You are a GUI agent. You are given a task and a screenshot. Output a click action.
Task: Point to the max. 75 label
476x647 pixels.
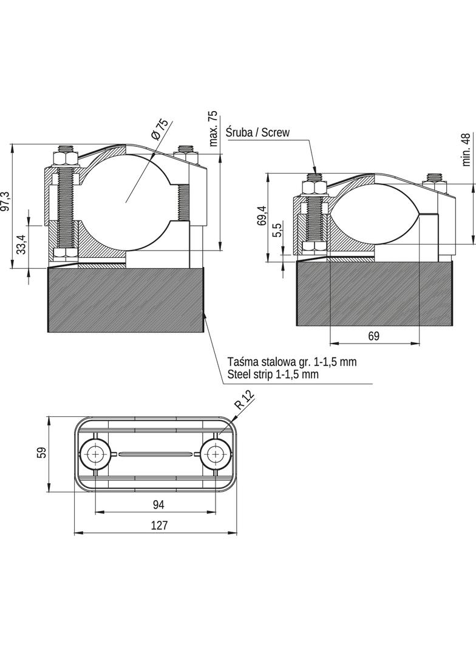pos(213,129)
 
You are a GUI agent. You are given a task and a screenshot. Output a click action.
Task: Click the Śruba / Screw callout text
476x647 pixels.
pos(257,132)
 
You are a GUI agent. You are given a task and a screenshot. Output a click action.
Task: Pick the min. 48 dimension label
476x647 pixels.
pos(466,149)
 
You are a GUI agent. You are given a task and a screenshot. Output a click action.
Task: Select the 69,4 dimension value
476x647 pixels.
pos(261,216)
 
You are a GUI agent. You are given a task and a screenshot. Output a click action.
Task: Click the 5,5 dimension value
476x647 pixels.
pos(277,229)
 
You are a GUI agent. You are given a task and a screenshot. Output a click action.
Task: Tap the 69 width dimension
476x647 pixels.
pos(373,336)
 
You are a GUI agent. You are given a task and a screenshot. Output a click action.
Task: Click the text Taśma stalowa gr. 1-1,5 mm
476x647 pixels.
pos(292,362)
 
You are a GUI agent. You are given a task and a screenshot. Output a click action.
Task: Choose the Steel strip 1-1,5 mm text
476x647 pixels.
pos(273,374)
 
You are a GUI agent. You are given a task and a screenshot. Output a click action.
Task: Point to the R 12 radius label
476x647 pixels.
pos(245,399)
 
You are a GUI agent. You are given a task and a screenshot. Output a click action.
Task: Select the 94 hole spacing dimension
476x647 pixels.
pos(158,504)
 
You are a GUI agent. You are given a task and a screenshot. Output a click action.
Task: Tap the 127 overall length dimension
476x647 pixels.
pos(159,525)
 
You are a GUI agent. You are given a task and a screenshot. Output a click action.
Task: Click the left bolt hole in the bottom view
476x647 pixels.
pos(96,454)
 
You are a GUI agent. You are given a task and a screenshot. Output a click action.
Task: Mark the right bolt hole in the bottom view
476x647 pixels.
pos(215,454)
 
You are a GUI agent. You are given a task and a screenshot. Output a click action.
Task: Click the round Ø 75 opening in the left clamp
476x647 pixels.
pos(127,202)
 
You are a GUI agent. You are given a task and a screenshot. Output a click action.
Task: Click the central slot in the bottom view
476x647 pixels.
pos(155,454)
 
